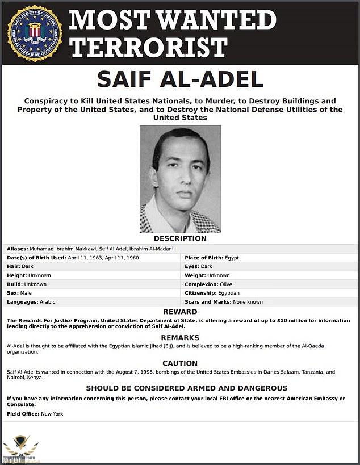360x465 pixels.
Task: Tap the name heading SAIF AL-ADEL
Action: tap(180, 79)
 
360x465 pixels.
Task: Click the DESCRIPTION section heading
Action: tap(180, 238)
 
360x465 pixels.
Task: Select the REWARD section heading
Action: tap(180, 312)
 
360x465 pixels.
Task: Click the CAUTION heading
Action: tap(180, 363)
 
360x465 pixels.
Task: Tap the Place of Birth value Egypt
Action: tap(232, 258)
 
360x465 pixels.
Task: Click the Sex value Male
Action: tap(26, 293)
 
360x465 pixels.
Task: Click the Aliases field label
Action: tap(18, 249)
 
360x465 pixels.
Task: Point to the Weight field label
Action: tap(196, 275)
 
